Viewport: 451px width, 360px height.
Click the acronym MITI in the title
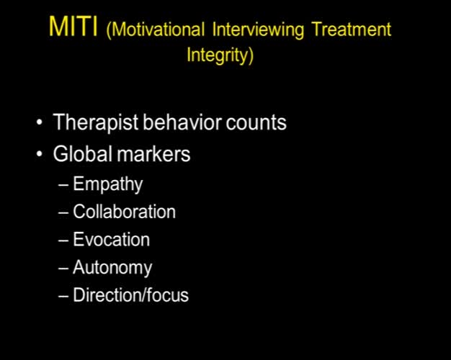point(74,28)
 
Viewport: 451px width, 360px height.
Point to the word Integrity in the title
point(220,56)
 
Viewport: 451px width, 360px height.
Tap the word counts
point(255,123)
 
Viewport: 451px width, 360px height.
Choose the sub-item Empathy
point(107,184)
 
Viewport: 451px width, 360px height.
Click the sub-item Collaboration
point(124,212)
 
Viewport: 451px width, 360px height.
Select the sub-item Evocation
point(111,240)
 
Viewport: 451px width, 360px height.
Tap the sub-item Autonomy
point(112,268)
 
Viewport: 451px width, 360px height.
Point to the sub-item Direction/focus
point(130,295)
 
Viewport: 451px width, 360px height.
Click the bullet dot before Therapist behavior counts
point(39,124)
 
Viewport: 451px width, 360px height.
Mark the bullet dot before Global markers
point(39,155)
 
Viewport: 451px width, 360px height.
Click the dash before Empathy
point(64,185)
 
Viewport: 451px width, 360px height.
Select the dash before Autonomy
point(64,268)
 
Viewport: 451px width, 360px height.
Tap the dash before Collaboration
point(64,212)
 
